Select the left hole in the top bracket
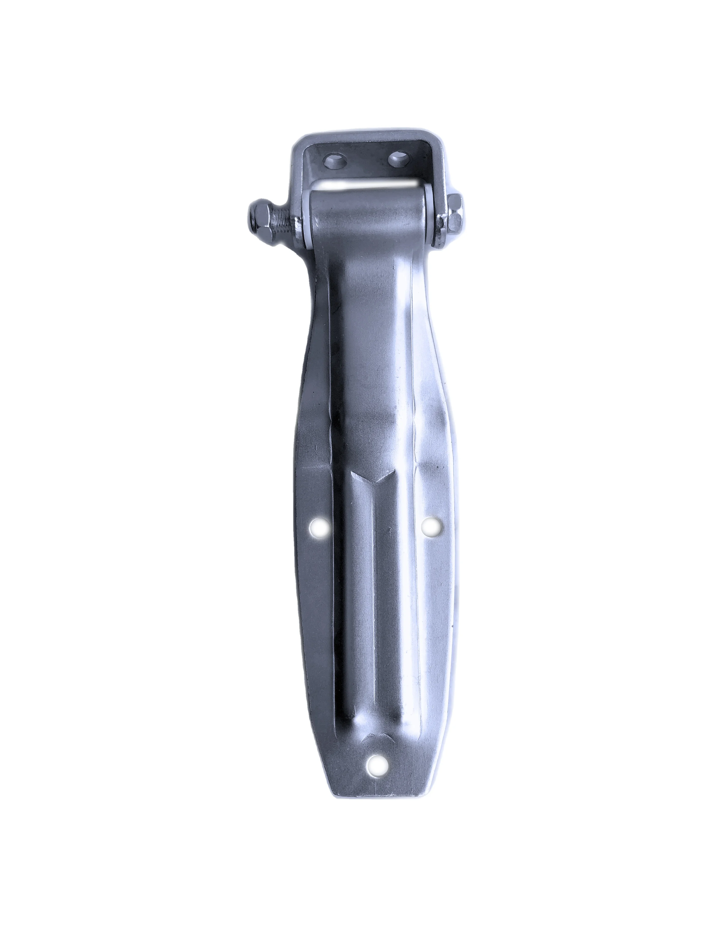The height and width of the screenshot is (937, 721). (336, 162)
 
